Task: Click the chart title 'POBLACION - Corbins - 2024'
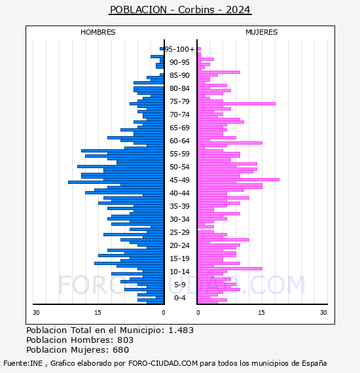pyautogui.click(x=180, y=10)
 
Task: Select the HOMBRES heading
pyautogui.click(x=98, y=32)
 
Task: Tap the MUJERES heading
pyautogui.click(x=261, y=32)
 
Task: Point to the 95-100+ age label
pyautogui.click(x=179, y=49)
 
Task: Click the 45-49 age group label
pyautogui.click(x=179, y=180)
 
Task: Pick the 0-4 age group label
pyautogui.click(x=179, y=298)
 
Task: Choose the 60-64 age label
pyautogui.click(x=179, y=141)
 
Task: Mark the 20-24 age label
pyautogui.click(x=179, y=245)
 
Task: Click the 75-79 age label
pyautogui.click(x=179, y=101)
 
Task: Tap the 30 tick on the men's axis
pyautogui.click(x=37, y=313)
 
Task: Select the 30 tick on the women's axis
pyautogui.click(x=323, y=313)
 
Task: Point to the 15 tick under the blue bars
pyautogui.click(x=98, y=313)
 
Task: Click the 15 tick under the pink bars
pyautogui.click(x=261, y=313)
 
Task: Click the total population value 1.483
pyautogui.click(x=181, y=330)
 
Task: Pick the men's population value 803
pyautogui.click(x=125, y=340)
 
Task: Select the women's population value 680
pyautogui.click(x=120, y=350)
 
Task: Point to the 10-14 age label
pyautogui.click(x=179, y=272)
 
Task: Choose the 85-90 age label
pyautogui.click(x=179, y=75)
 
